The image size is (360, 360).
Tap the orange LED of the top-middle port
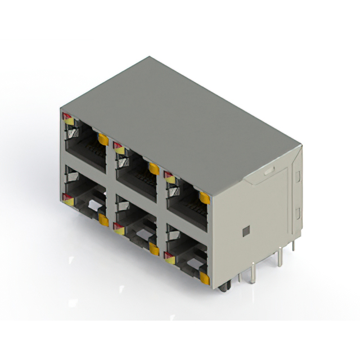click(153, 168)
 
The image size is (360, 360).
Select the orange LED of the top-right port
click(204, 197)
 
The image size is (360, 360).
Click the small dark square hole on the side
click(245, 231)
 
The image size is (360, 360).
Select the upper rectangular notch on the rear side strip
click(298, 175)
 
